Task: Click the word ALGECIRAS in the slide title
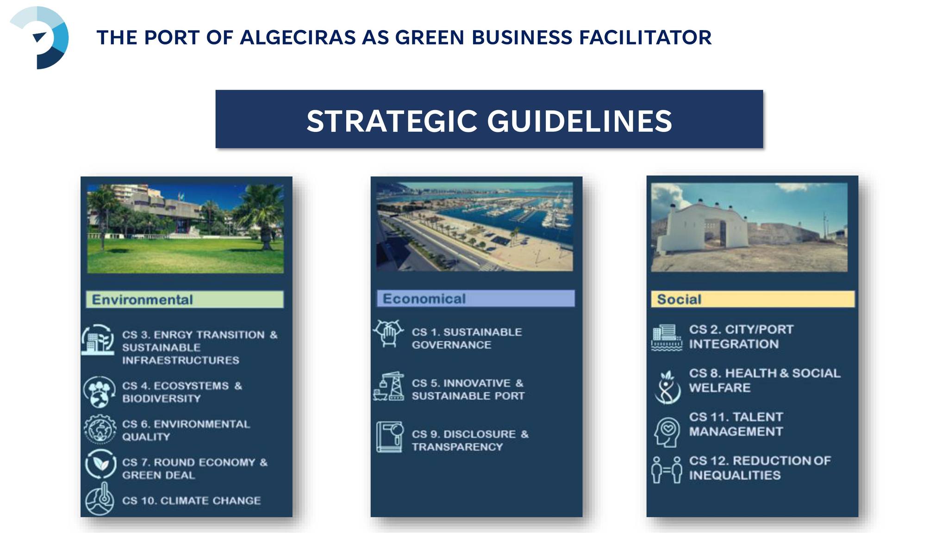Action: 298,37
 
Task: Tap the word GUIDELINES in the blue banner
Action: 579,121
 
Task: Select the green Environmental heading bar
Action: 185,299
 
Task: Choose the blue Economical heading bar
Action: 476,298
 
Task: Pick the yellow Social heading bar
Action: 753,299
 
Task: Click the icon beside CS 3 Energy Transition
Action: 98,340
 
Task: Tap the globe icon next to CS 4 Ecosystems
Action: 99,392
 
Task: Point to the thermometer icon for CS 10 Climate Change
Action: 100,499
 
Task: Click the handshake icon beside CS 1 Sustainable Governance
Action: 388,333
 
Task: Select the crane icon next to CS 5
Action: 389,386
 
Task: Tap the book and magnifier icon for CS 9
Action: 389,437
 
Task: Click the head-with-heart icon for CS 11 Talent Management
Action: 667,432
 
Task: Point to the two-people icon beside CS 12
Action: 667,470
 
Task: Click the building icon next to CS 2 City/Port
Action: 667,338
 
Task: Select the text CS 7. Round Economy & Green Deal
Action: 195,469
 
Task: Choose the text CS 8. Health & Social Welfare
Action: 764,380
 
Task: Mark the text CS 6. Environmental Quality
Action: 186,430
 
